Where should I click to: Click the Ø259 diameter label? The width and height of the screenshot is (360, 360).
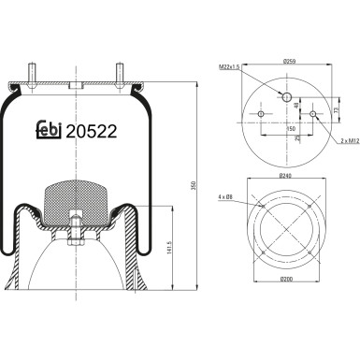pyautogui.click(x=288, y=63)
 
